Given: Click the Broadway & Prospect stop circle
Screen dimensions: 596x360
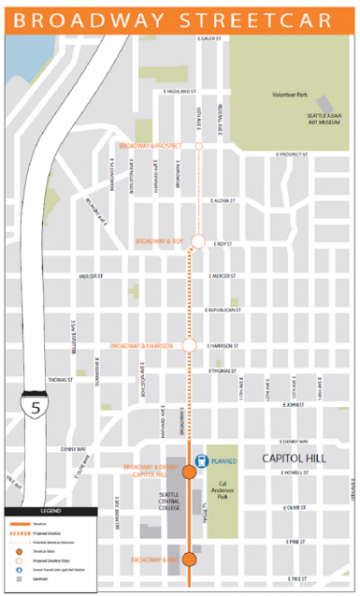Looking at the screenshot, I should pyautogui.click(x=200, y=147).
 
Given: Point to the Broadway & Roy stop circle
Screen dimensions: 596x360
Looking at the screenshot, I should pyautogui.click(x=199, y=241).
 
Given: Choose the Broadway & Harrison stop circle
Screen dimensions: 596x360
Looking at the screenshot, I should pyautogui.click(x=189, y=345).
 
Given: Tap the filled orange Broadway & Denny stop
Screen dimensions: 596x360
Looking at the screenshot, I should pyautogui.click(x=189, y=471).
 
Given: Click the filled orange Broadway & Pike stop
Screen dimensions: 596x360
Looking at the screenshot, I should pyautogui.click(x=189, y=559).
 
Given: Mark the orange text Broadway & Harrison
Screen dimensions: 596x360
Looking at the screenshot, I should pyautogui.click(x=145, y=345).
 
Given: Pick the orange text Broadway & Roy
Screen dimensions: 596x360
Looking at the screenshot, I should pyautogui.click(x=157, y=241).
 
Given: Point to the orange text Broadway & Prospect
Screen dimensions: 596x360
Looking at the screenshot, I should pyautogui.click(x=151, y=146).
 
